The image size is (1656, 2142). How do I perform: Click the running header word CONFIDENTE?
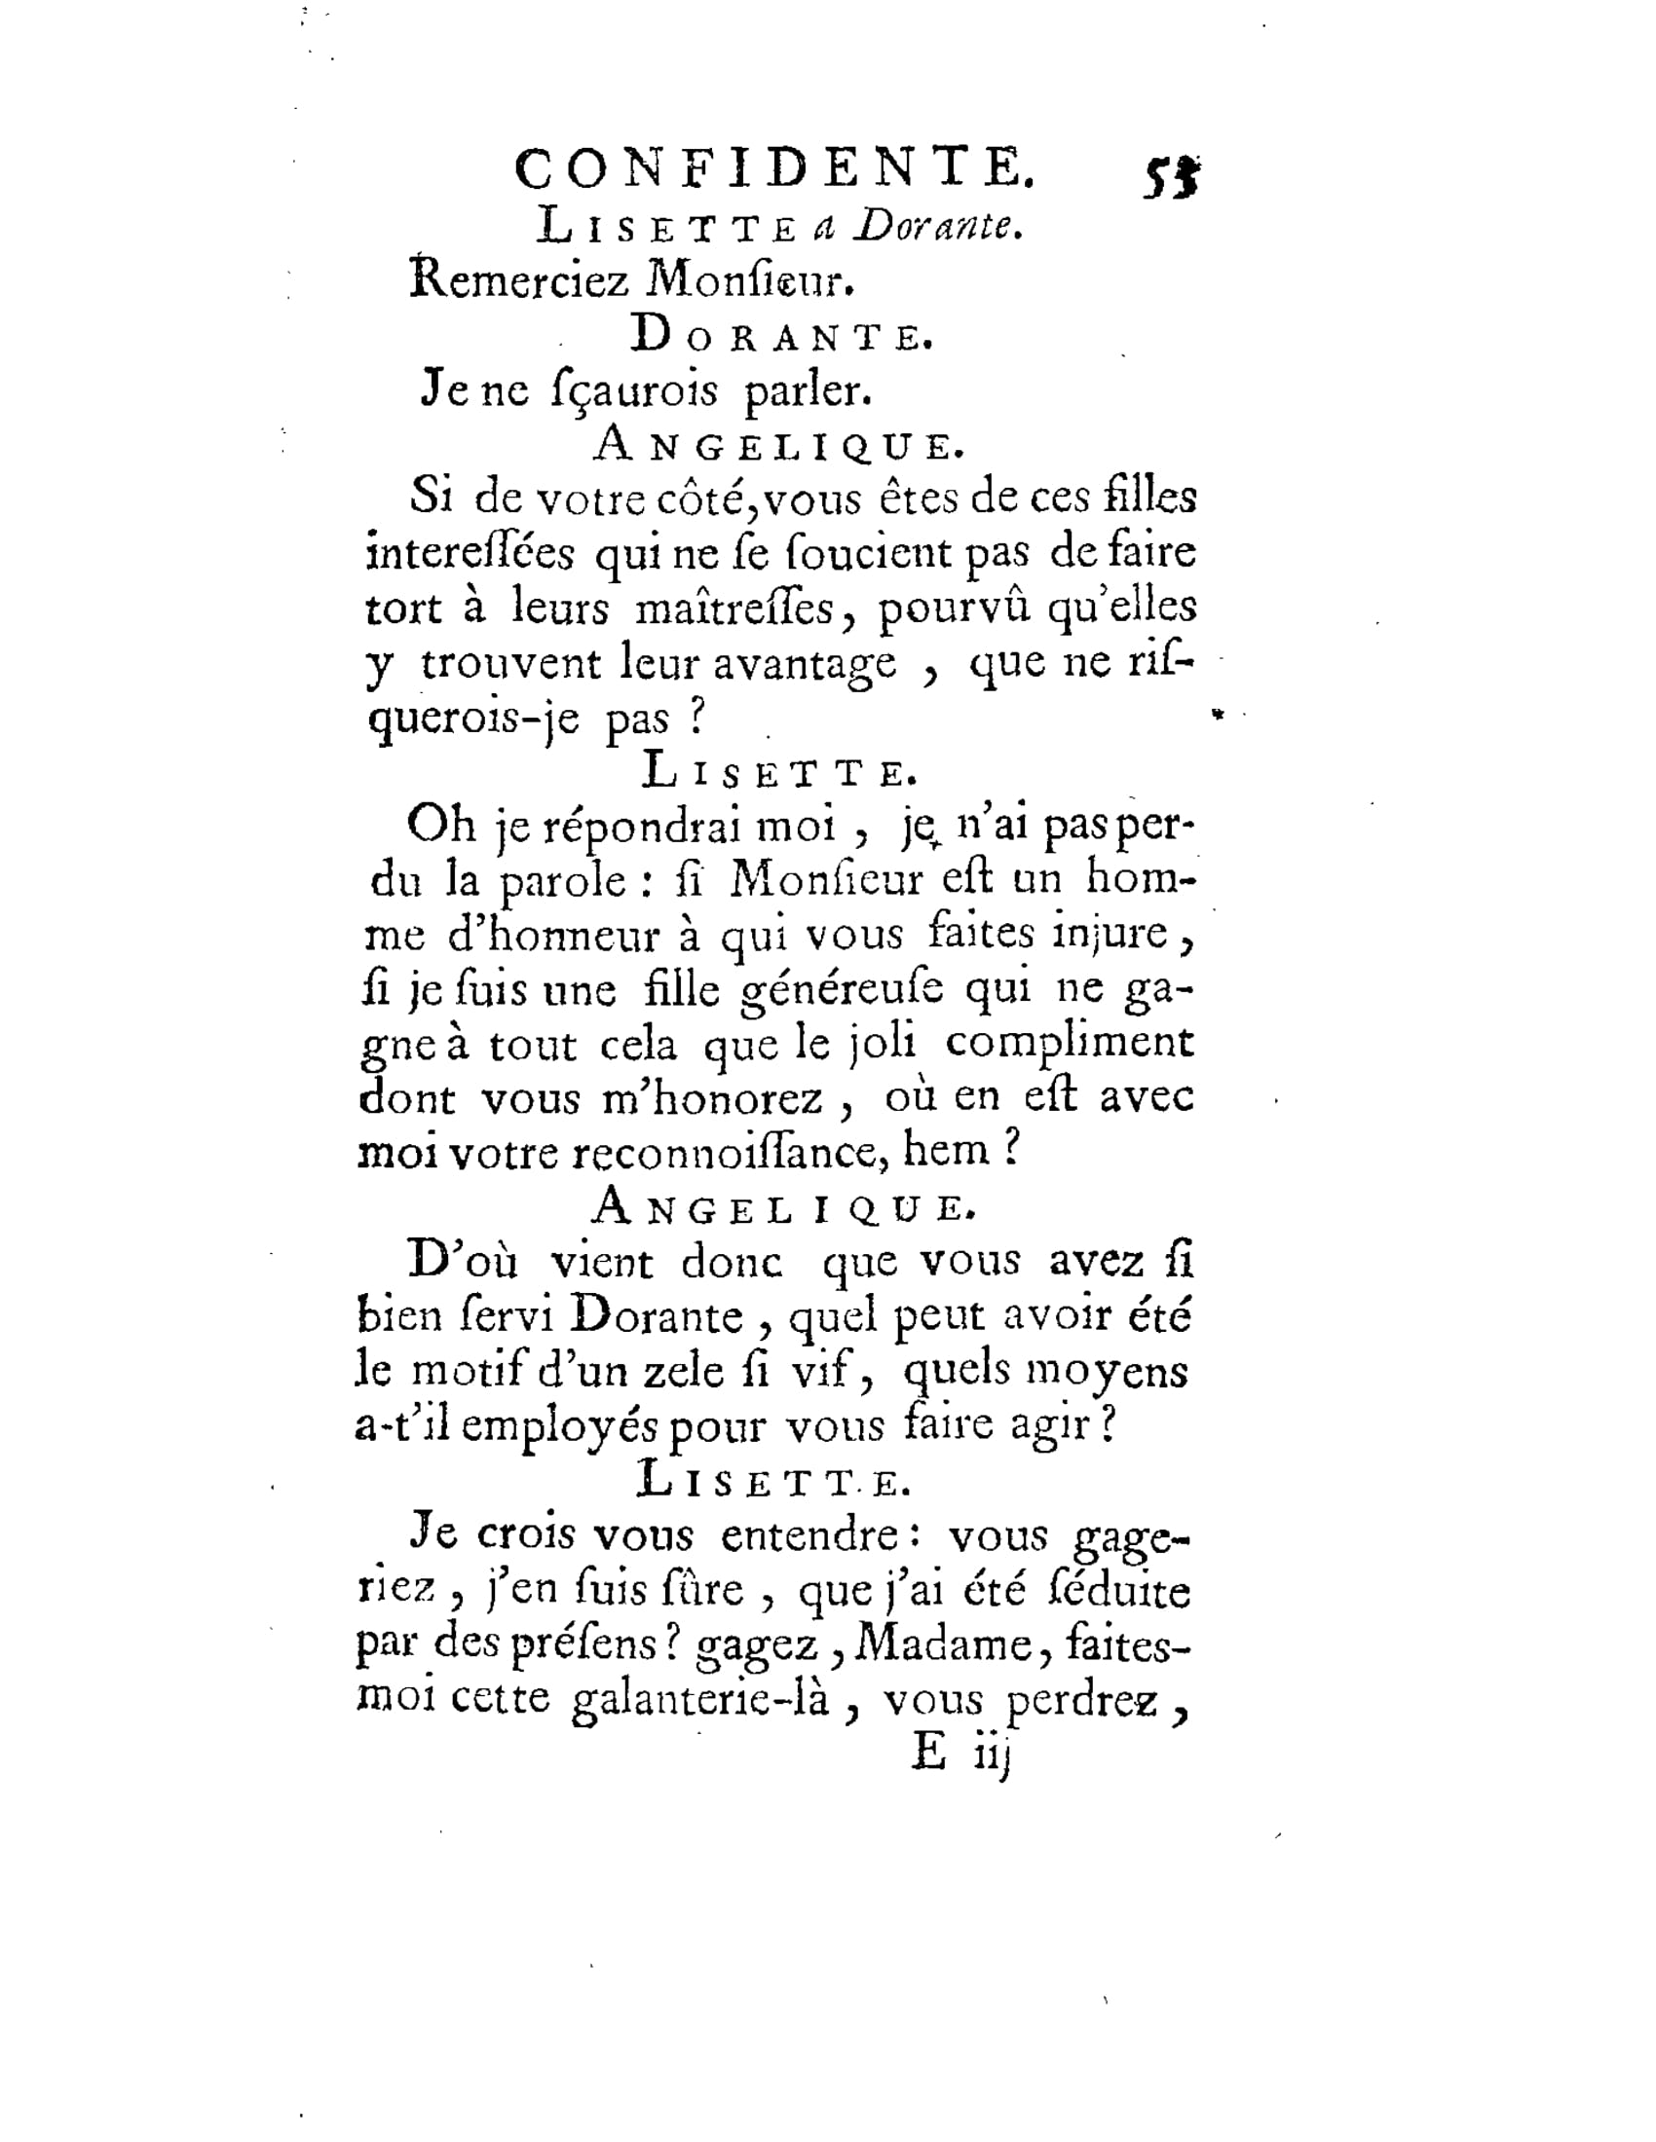click(774, 168)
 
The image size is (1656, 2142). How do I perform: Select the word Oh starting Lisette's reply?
click(441, 826)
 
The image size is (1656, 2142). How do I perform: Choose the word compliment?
click(1070, 1044)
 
